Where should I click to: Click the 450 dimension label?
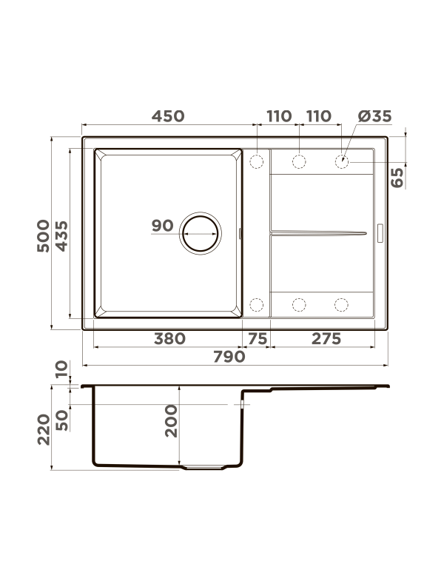tap(168, 116)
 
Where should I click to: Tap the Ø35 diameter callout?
tap(374, 116)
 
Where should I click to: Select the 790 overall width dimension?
tap(229, 357)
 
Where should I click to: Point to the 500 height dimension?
tap(44, 236)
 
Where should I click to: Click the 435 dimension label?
tap(62, 236)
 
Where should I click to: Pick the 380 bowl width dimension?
tap(169, 339)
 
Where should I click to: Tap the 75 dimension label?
tap(258, 339)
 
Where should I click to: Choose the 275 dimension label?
tap(326, 339)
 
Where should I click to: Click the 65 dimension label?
tap(397, 178)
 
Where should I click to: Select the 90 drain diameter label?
tap(162, 225)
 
